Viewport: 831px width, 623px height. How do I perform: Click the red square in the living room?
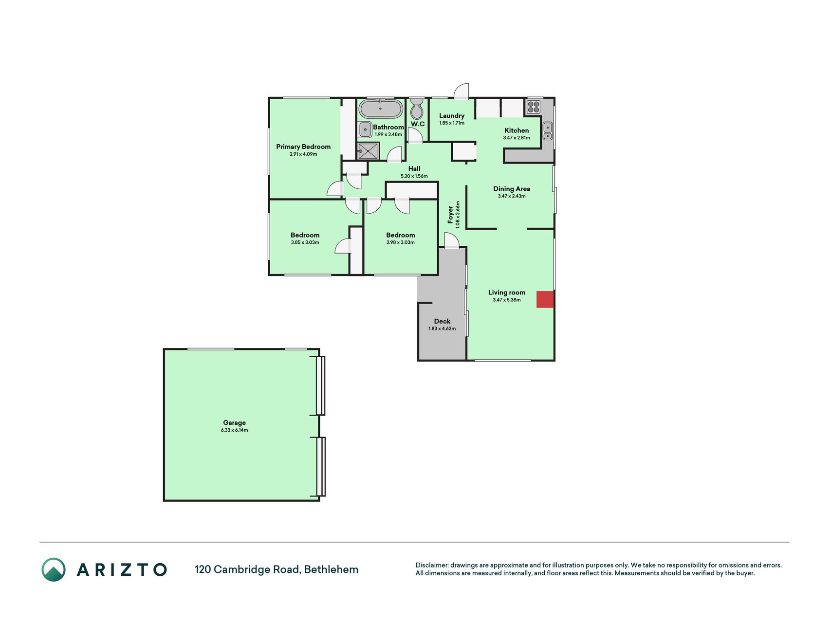(x=545, y=299)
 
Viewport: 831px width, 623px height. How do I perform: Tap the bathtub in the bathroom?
(x=381, y=109)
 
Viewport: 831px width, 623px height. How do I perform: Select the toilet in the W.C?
(x=417, y=109)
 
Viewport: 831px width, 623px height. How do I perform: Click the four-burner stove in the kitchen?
(x=533, y=107)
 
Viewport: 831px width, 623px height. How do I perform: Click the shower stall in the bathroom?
(x=369, y=151)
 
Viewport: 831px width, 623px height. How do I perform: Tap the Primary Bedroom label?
(x=303, y=147)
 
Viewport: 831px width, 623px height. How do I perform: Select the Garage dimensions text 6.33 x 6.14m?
(x=234, y=430)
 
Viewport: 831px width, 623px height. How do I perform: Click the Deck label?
(x=442, y=321)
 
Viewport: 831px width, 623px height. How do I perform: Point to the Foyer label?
(x=451, y=215)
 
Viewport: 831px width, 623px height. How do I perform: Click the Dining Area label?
(x=512, y=189)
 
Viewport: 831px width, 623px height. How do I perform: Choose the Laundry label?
(x=452, y=116)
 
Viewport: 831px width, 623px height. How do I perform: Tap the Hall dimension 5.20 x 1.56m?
(x=414, y=176)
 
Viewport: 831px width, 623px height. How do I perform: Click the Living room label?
(x=507, y=293)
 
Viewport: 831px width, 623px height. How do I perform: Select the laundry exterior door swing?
(x=461, y=91)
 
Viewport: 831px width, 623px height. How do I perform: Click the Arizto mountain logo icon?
(x=54, y=569)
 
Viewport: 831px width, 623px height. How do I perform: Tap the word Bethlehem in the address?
(x=331, y=569)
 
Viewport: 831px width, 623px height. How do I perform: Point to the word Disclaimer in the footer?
(x=432, y=565)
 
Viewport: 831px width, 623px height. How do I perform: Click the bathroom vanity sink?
(x=365, y=130)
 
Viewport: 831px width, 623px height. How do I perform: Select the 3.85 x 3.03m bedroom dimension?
(x=305, y=242)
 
